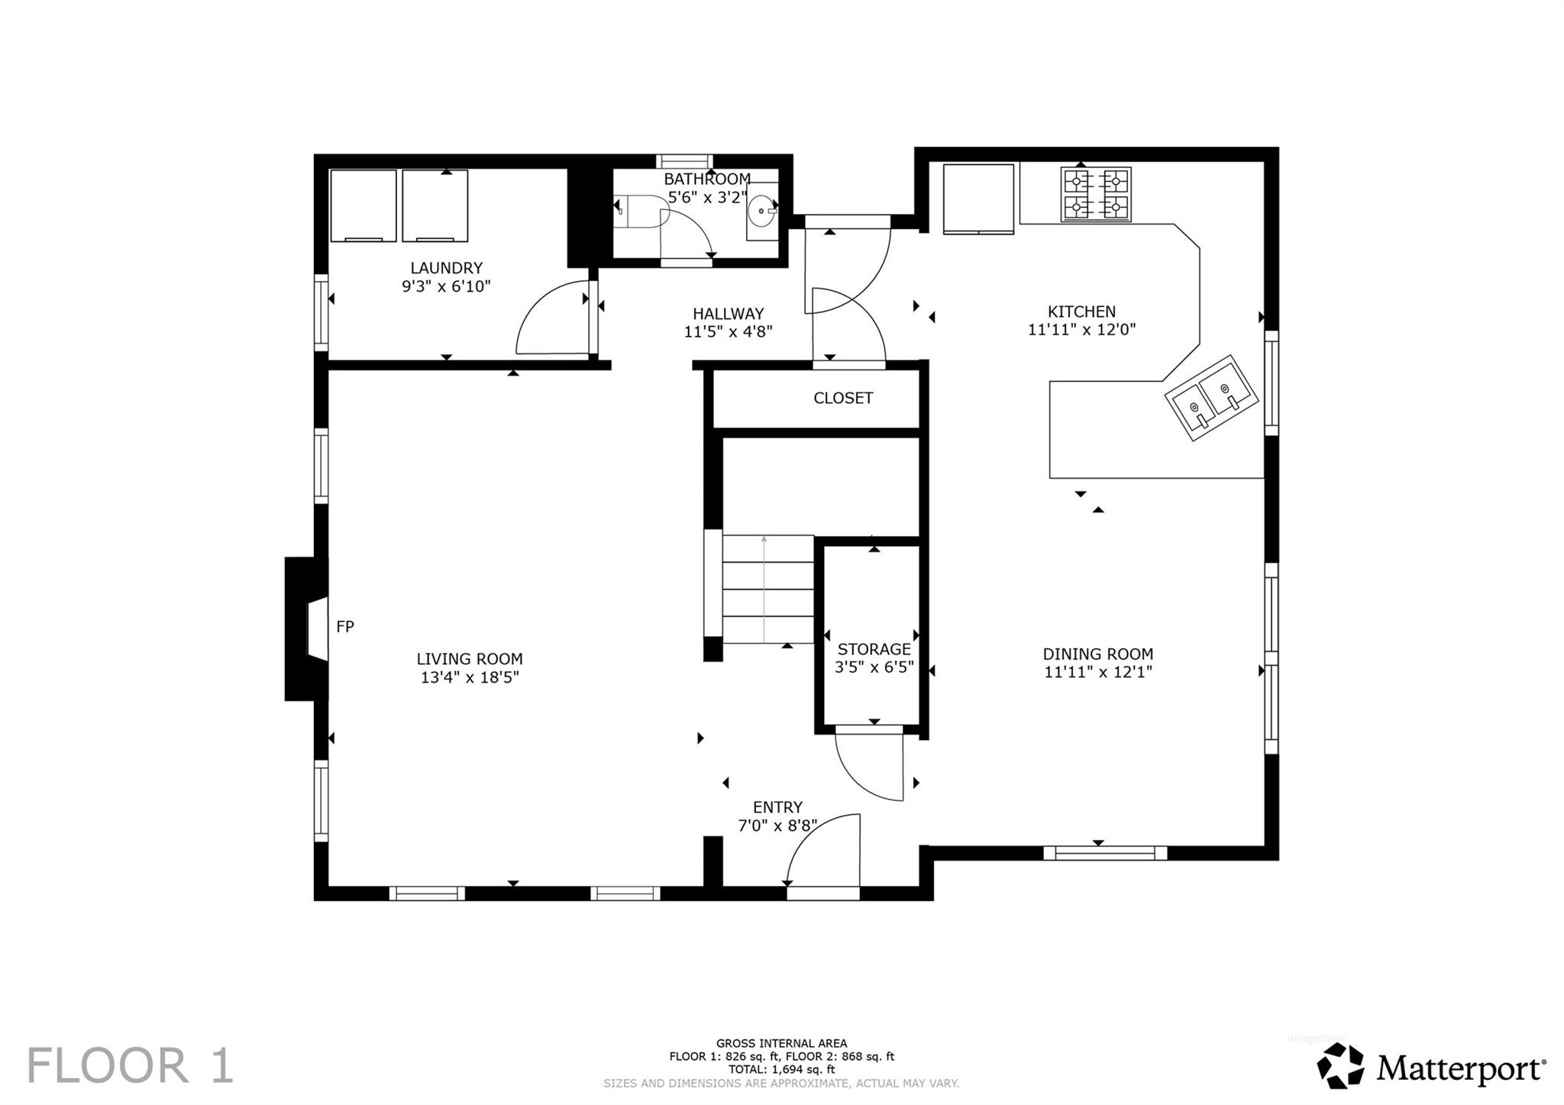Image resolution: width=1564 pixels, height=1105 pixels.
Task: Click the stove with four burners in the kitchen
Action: pyautogui.click(x=1096, y=195)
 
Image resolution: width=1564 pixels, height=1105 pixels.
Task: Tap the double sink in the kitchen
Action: pyautogui.click(x=1210, y=398)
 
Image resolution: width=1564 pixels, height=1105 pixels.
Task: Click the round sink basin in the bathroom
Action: pyautogui.click(x=761, y=211)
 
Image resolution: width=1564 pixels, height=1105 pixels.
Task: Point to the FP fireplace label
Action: pyautogui.click(x=345, y=627)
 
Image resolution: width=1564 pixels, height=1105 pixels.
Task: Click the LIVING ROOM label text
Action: pyautogui.click(x=470, y=659)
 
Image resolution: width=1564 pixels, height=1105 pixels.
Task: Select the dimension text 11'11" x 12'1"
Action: pyautogui.click(x=1098, y=672)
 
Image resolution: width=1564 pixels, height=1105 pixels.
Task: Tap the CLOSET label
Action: pyautogui.click(x=842, y=398)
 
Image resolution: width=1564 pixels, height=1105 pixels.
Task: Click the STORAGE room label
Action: pyautogui.click(x=874, y=649)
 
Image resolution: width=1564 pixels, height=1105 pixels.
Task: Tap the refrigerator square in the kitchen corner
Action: pyautogui.click(x=978, y=198)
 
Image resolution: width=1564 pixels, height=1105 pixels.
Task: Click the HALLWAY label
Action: pyautogui.click(x=728, y=314)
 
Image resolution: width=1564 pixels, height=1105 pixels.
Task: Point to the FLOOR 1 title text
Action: pyautogui.click(x=130, y=1066)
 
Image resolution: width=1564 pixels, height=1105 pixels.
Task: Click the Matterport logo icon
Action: pyautogui.click(x=1340, y=1066)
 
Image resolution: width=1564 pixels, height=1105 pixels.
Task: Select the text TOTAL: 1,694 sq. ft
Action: pyautogui.click(x=781, y=1070)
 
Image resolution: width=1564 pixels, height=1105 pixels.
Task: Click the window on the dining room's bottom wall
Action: pyautogui.click(x=1105, y=853)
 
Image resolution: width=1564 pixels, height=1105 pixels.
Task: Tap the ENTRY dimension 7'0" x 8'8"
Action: pyautogui.click(x=777, y=826)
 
